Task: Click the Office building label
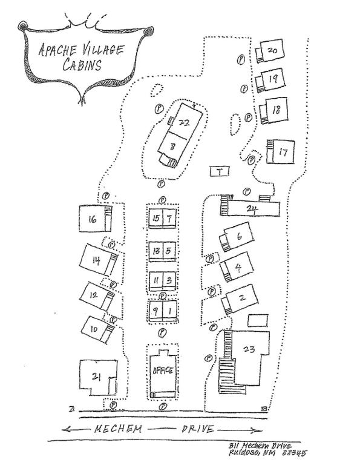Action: pyautogui.click(x=163, y=371)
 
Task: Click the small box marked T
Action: pyautogui.click(x=219, y=171)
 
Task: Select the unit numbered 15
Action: pyautogui.click(x=156, y=218)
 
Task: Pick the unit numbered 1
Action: pyautogui.click(x=170, y=311)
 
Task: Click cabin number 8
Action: pyautogui.click(x=173, y=146)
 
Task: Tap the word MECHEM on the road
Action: pyautogui.click(x=118, y=429)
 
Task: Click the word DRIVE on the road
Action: pyautogui.click(x=198, y=429)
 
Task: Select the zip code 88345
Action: pyautogui.click(x=294, y=453)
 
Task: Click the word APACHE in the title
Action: pyautogui.click(x=57, y=50)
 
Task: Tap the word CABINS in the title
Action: pyautogui.click(x=82, y=65)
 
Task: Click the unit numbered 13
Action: pyautogui.click(x=156, y=251)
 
